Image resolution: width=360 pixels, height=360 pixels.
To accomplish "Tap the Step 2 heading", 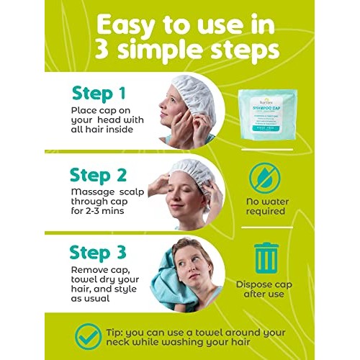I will point(102,175).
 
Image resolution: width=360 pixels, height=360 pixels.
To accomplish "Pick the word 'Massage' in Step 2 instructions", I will point(92,192).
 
